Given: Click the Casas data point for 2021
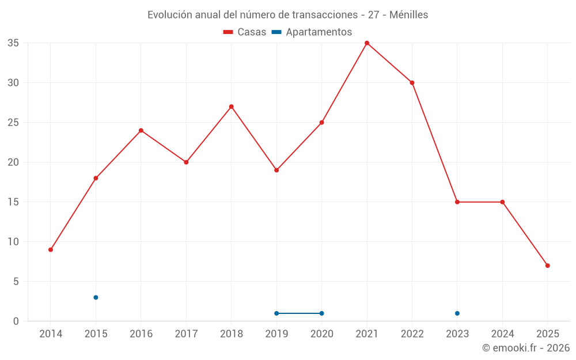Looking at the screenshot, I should click(367, 43).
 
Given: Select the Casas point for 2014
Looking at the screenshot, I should click(51, 249).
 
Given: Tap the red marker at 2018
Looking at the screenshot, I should click(232, 107).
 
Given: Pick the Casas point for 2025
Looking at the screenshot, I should click(547, 266).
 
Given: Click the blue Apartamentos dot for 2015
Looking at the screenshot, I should click(96, 297).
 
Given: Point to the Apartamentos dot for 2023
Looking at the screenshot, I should click(457, 313).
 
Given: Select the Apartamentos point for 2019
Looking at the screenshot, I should click(276, 313).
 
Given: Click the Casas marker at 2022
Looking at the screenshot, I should click(412, 82).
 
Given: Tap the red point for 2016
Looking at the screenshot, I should click(141, 130).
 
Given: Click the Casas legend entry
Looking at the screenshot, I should click(245, 32).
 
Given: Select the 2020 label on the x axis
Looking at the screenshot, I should click(321, 334).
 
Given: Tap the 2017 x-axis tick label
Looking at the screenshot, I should click(186, 334).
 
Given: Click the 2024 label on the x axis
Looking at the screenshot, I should click(502, 334).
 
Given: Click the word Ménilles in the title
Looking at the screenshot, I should click(408, 15).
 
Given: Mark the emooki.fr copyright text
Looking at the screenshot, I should click(526, 348).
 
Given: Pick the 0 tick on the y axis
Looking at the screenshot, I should click(16, 321).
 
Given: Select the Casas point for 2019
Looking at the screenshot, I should click(276, 170).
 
